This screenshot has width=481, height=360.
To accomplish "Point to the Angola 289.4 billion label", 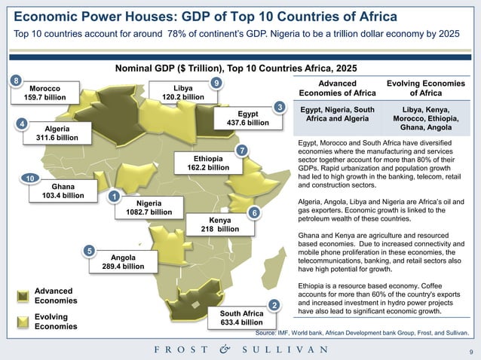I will (122, 261).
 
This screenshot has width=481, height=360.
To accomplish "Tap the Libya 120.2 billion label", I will (182, 93).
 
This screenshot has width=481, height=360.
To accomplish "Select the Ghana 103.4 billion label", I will (63, 191).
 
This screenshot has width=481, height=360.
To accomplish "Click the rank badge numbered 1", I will (114, 197).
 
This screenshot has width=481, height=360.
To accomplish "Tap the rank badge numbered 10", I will (28, 178).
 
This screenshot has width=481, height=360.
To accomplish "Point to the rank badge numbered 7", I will (241, 151).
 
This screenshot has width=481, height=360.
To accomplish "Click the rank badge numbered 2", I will (274, 305).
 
